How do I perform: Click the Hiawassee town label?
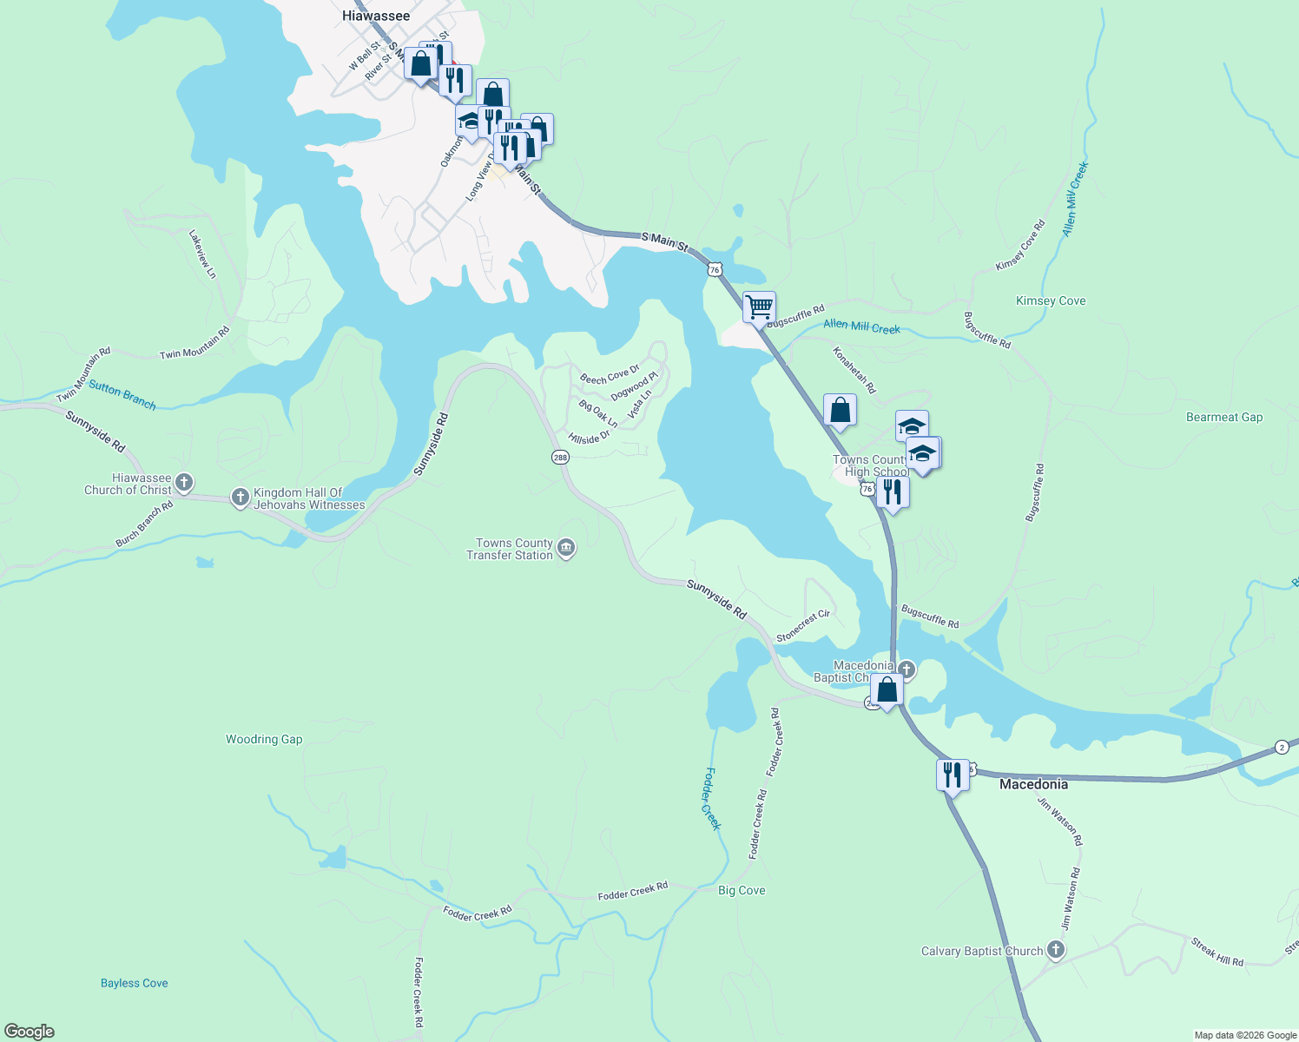coord(376,16)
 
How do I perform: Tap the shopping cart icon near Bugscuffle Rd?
coord(759,307)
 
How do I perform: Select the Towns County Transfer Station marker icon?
coord(566,548)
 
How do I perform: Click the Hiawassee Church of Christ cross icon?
coord(183,482)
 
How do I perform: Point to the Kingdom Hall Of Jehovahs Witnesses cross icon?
coord(241,497)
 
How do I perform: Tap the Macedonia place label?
coord(1033,784)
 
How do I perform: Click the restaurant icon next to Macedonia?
coord(953,774)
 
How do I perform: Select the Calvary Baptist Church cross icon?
coord(1055,950)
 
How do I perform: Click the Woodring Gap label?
coord(264,740)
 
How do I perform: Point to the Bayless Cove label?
coord(135,983)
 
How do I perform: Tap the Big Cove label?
coord(742,890)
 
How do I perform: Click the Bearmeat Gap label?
coord(1224,418)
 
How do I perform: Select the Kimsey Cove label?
coord(1051,301)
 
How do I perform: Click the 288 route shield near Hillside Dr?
coord(560,457)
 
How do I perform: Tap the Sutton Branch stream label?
coord(122,396)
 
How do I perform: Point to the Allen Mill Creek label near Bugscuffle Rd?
coord(861,326)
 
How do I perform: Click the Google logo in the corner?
coord(30,1032)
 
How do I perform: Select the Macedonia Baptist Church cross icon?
coord(907,669)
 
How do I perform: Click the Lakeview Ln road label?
coord(203,254)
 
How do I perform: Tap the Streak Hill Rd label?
coord(1217,952)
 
